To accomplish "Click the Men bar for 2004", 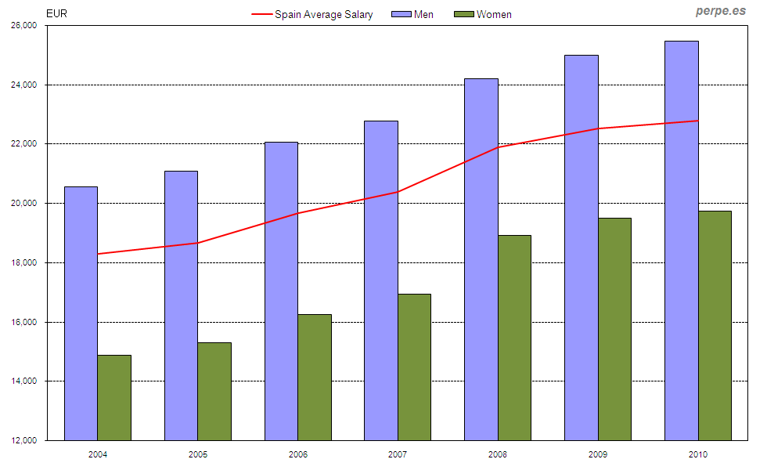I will coord(81,313).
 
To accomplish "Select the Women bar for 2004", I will coord(114,398).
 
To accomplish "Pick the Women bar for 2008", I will coord(514,338).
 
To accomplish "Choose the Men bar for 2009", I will coord(582,248).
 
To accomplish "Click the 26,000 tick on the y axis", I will coord(25,25).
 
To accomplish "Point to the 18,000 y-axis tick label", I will coord(25,262).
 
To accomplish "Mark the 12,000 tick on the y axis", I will coord(25,440).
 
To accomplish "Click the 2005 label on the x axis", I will coord(198,454).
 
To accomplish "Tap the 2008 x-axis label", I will coord(498,454).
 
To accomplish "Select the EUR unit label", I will coord(57,13).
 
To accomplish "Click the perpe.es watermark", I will coord(721,11).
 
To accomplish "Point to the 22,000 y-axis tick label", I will coord(25,144).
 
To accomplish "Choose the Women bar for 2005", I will coord(214,392).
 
